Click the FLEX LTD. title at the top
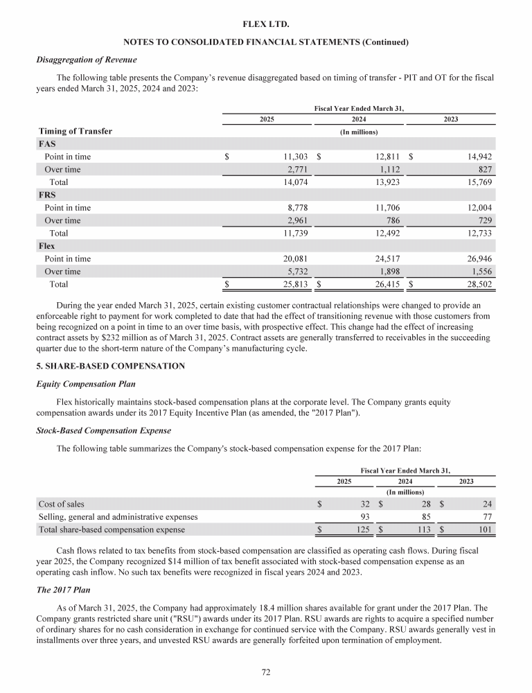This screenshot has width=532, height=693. (266, 25)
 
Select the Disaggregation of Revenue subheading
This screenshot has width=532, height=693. (86, 60)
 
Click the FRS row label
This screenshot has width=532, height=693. (47, 195)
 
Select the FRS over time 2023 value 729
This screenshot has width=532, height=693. (485, 220)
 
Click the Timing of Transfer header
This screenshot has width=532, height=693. (74, 131)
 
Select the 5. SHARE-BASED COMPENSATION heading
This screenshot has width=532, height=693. (110, 366)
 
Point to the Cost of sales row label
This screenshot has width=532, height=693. (61, 504)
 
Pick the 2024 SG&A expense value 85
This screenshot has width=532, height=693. (425, 516)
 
